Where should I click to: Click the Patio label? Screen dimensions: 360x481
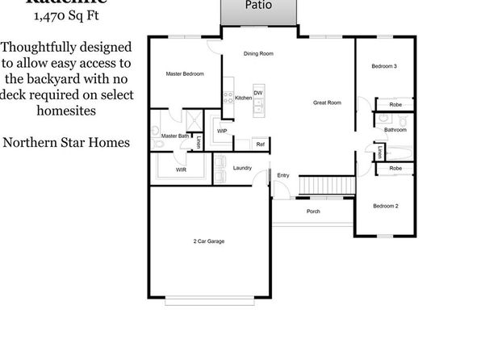pyautogui.click(x=259, y=5)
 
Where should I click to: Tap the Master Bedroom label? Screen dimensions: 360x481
pyautogui.click(x=184, y=74)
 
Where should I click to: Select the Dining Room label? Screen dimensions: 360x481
pyautogui.click(x=259, y=54)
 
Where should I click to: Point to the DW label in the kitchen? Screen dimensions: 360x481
pyautogui.click(x=257, y=93)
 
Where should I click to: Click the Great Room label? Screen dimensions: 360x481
pyautogui.click(x=328, y=103)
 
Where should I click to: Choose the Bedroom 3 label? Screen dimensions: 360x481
pyautogui.click(x=384, y=65)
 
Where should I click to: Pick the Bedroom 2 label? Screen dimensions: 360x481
pyautogui.click(x=386, y=207)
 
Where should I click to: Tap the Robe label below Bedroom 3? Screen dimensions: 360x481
pyautogui.click(x=395, y=105)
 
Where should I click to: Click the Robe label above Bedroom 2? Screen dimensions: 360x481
pyautogui.click(x=395, y=168)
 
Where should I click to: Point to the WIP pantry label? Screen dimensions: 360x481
pyautogui.click(x=222, y=130)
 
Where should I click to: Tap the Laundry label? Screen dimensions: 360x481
pyautogui.click(x=242, y=168)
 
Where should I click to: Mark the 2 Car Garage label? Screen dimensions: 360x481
pyautogui.click(x=209, y=241)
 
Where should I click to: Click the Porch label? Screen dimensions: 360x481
pyautogui.click(x=313, y=211)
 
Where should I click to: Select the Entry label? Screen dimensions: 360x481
pyautogui.click(x=282, y=175)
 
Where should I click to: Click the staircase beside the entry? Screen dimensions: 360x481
pyautogui.click(x=326, y=185)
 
